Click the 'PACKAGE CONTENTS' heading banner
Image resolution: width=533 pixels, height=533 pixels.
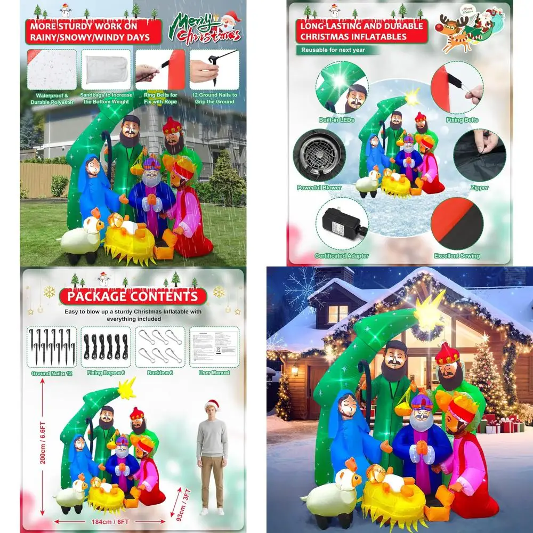point(132,296)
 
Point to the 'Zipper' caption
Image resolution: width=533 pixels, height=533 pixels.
point(479,188)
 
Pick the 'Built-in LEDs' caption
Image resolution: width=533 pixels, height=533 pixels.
point(336,120)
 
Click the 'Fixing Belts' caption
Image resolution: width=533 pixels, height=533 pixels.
point(462,120)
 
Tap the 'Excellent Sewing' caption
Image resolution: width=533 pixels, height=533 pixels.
point(457,256)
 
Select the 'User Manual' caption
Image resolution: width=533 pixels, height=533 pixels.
point(214,373)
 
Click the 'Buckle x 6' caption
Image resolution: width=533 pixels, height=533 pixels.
point(160,373)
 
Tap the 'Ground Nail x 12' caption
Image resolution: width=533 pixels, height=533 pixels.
point(52,373)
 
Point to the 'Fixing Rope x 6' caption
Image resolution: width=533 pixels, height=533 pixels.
point(106,373)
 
